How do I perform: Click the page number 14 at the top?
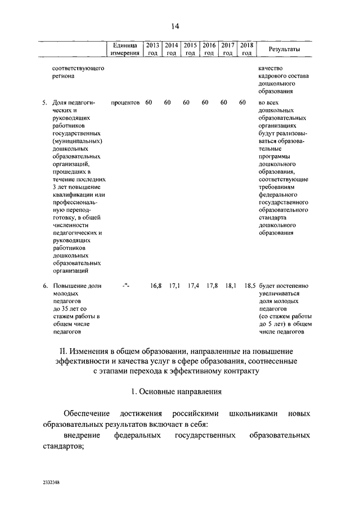(175, 26)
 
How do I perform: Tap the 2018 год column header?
(246, 49)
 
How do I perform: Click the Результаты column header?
(284, 49)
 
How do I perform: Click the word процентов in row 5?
(125, 102)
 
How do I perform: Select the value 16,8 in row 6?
(156, 286)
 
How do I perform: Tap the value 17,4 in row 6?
(194, 286)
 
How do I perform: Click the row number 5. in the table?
(45, 102)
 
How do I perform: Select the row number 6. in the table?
(45, 286)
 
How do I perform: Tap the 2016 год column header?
(209, 49)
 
